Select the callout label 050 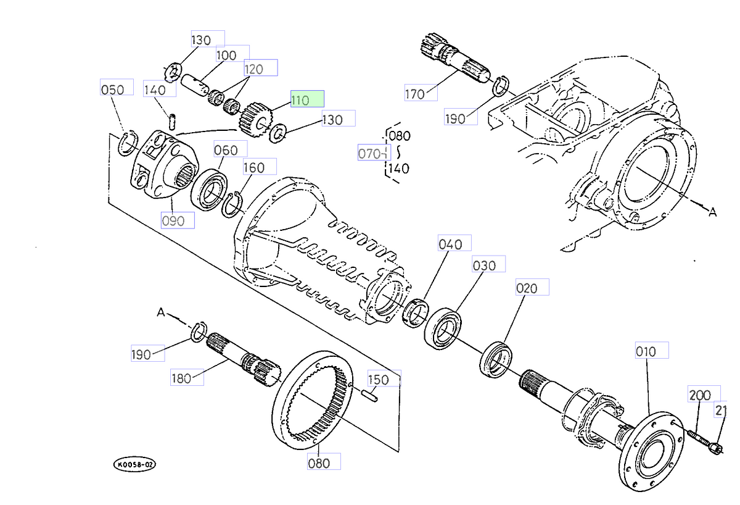pos(117,89)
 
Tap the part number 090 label pos(178,220)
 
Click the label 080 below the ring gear pos(324,461)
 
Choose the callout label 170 pos(420,94)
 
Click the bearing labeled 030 pos(443,327)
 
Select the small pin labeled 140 pos(173,119)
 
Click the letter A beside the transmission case pos(712,212)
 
